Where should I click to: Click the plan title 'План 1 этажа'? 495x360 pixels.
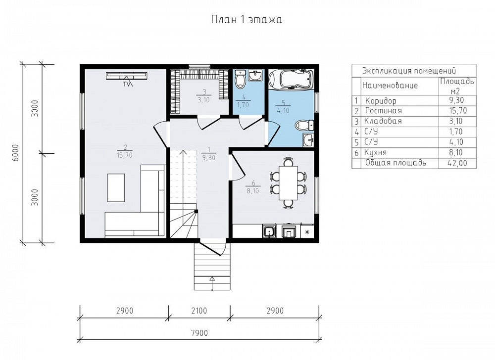click(x=247, y=20)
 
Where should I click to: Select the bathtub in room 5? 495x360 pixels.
click(x=291, y=79)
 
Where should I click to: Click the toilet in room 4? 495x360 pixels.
click(x=241, y=79)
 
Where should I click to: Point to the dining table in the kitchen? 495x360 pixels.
click(x=288, y=183)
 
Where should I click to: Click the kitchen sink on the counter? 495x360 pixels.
click(x=269, y=231)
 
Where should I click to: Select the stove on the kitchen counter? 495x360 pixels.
click(x=289, y=231)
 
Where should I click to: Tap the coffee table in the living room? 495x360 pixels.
click(x=116, y=187)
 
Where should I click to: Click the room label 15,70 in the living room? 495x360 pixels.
click(x=125, y=155)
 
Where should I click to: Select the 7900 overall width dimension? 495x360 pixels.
click(x=199, y=333)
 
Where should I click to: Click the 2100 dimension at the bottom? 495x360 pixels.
click(x=199, y=311)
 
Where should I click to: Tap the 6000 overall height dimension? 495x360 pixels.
click(x=16, y=153)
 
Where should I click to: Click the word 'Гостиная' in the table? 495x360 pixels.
click(x=383, y=111)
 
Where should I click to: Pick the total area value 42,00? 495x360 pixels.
click(x=457, y=163)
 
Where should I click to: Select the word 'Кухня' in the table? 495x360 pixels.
click(x=375, y=153)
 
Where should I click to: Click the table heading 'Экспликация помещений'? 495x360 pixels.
click(x=409, y=70)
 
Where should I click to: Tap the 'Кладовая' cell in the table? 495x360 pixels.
click(x=383, y=121)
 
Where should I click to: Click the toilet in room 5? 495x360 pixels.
click(x=304, y=125)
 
